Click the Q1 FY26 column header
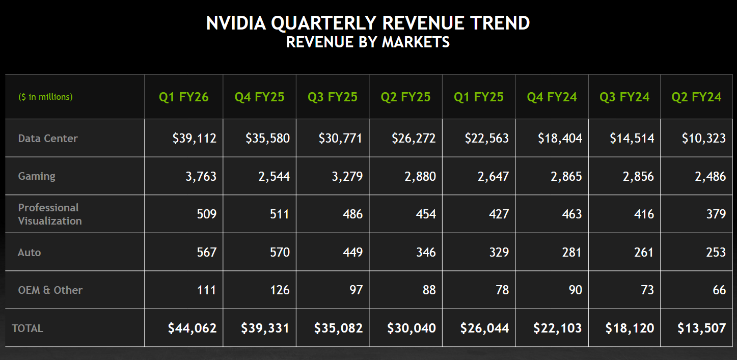pyautogui.click(x=184, y=97)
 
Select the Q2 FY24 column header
pyautogui.click(x=696, y=97)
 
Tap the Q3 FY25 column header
pyautogui.click(x=333, y=97)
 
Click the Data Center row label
pyautogui.click(x=48, y=139)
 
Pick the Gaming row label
pyautogui.click(x=37, y=176)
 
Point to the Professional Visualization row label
pyautogui.click(x=49, y=214)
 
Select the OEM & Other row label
pyautogui.click(x=50, y=290)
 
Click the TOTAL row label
pyautogui.click(x=28, y=328)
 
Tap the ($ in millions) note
pyautogui.click(x=45, y=97)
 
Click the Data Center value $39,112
pyautogui.click(x=195, y=139)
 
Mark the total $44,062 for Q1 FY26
pyautogui.click(x=193, y=328)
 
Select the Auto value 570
pyautogui.click(x=280, y=253)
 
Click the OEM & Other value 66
pyautogui.click(x=719, y=290)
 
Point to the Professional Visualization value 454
pyautogui.click(x=425, y=214)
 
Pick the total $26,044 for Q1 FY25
pyautogui.click(x=484, y=328)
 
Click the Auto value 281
pyautogui.click(x=571, y=253)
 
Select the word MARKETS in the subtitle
pyautogui.click(x=416, y=42)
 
